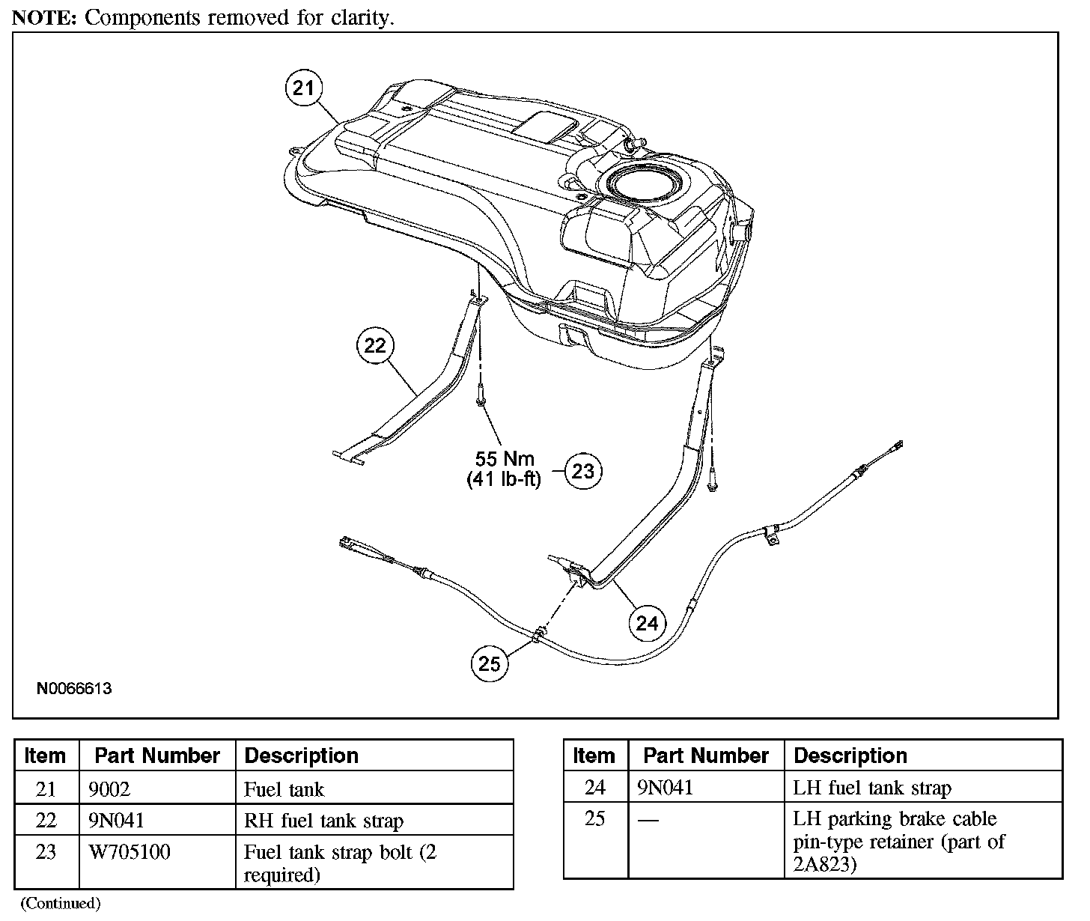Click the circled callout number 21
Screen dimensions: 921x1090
tap(303, 88)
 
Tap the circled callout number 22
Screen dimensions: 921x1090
tap(375, 345)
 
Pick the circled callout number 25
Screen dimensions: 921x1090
tap(489, 663)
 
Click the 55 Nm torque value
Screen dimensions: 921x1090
tap(505, 458)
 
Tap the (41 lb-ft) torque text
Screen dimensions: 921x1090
tap(503, 479)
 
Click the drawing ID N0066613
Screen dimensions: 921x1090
tap(73, 688)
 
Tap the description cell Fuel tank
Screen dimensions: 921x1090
tap(284, 789)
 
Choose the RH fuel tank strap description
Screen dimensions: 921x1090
tap(323, 821)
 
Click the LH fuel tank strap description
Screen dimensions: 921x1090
tap(872, 788)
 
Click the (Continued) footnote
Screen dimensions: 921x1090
tap(60, 903)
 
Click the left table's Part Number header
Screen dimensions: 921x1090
tap(157, 756)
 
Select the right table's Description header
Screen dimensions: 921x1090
tap(850, 756)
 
